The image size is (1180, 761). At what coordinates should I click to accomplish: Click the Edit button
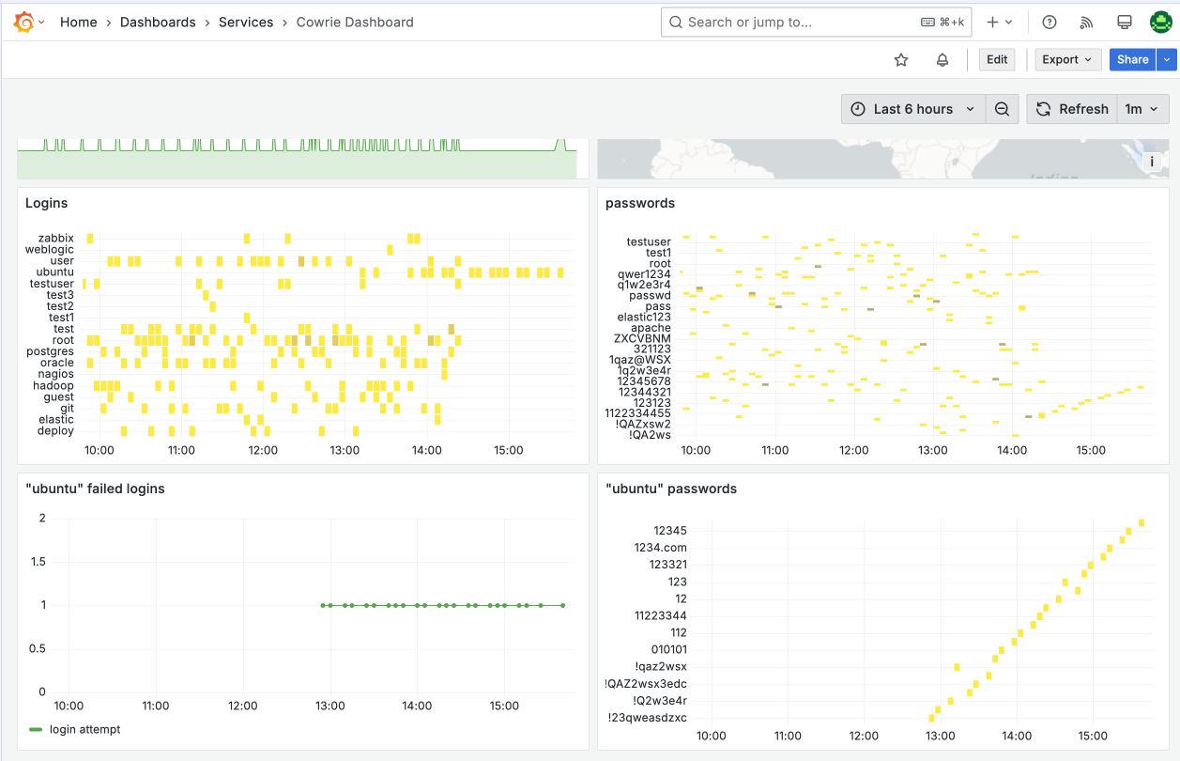pos(997,59)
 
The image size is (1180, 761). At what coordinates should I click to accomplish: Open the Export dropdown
pos(1067,59)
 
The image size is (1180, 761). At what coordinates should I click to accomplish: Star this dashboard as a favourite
pos(901,60)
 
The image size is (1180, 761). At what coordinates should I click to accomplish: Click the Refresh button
pos(1072,109)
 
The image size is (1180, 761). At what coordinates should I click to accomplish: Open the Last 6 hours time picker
pos(912,109)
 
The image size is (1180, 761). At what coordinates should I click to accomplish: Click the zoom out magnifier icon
pos(1002,109)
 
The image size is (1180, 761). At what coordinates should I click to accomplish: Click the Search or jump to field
pos(816,23)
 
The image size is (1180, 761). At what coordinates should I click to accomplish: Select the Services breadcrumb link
pos(246,23)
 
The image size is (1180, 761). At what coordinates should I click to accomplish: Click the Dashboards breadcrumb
pos(158,23)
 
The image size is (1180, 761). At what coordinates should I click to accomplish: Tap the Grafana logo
pos(23,23)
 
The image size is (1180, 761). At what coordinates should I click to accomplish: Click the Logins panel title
pos(46,203)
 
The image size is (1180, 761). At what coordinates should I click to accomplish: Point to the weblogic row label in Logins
pos(50,250)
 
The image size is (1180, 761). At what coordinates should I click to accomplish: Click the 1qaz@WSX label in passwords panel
pos(640,360)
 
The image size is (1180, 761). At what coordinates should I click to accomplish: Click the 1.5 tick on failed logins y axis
pos(38,562)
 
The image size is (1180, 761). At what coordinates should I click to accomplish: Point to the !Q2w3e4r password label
pos(660,700)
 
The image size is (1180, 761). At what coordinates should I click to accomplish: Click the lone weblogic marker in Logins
pos(390,250)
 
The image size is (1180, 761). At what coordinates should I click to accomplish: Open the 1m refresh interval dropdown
pos(1142,109)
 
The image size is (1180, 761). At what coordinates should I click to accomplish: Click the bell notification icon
pos(942,60)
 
